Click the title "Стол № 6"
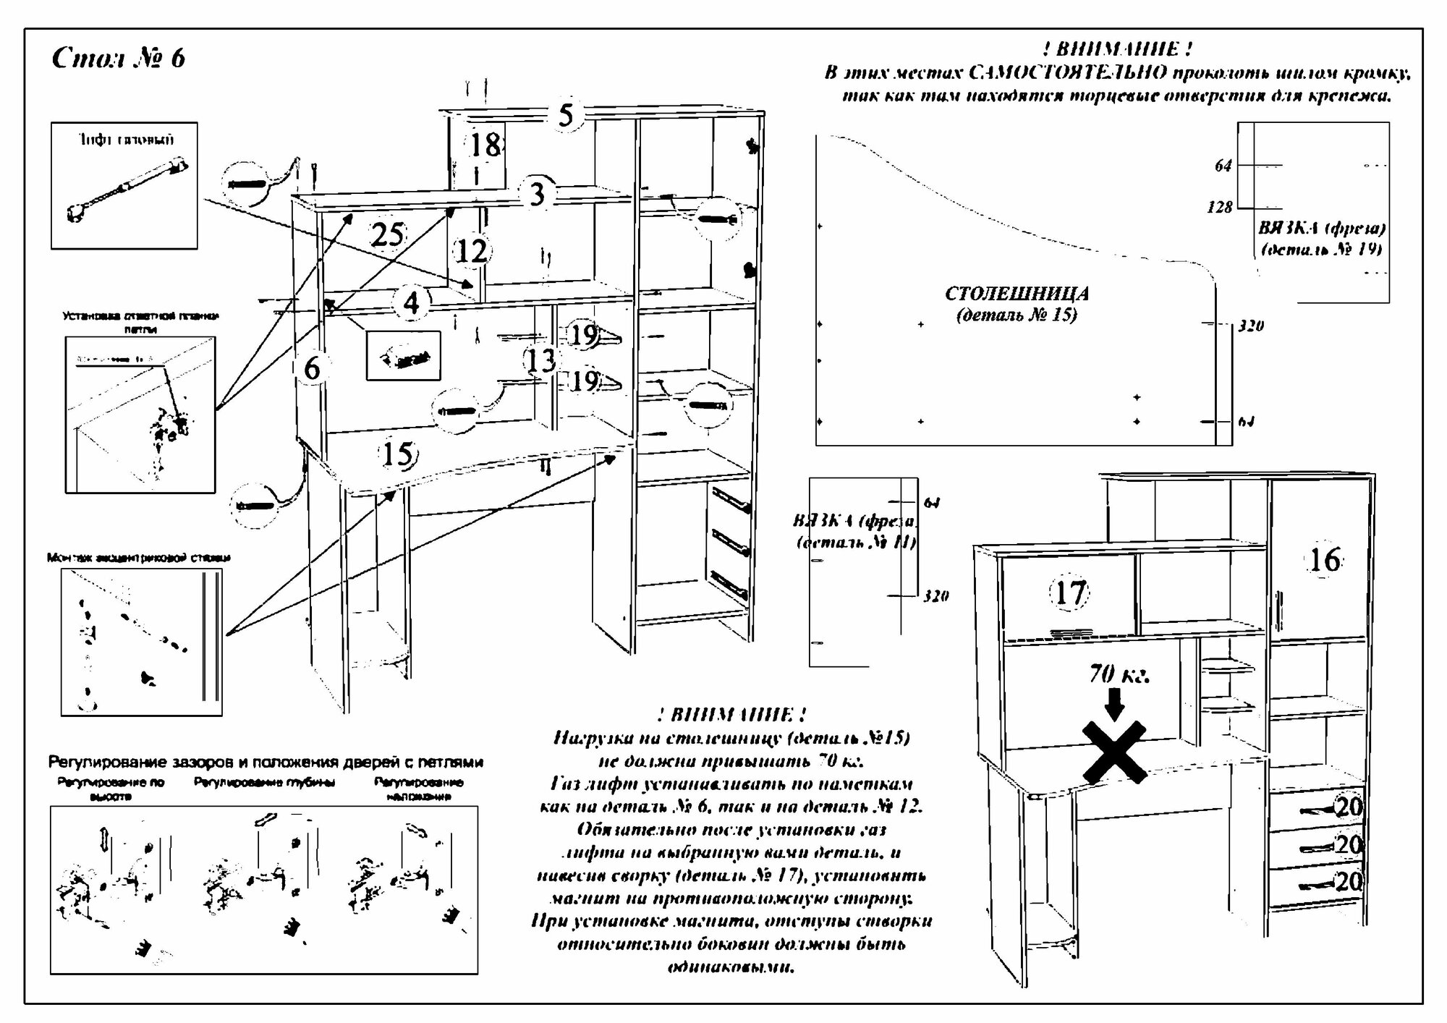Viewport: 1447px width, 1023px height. point(119,58)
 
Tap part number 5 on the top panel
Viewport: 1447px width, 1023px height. point(566,115)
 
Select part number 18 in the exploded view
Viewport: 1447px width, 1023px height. point(485,145)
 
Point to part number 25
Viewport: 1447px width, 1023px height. point(387,234)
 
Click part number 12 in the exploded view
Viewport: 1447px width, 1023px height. point(472,251)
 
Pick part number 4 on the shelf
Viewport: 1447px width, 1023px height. point(411,302)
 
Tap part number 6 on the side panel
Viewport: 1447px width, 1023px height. point(312,368)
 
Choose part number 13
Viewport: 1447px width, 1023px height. point(540,360)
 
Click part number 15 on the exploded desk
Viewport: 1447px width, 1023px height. point(396,454)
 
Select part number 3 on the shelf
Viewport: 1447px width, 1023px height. point(536,194)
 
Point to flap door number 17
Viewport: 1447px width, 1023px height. point(1069,593)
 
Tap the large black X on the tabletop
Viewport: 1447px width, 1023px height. point(1114,752)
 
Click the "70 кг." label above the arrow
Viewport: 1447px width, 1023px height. point(1119,674)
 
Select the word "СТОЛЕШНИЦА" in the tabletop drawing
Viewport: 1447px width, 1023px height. point(1017,294)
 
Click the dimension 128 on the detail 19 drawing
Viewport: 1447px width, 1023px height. point(1220,208)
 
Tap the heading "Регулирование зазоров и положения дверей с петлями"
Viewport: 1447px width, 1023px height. point(266,763)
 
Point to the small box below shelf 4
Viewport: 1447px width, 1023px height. point(403,355)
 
